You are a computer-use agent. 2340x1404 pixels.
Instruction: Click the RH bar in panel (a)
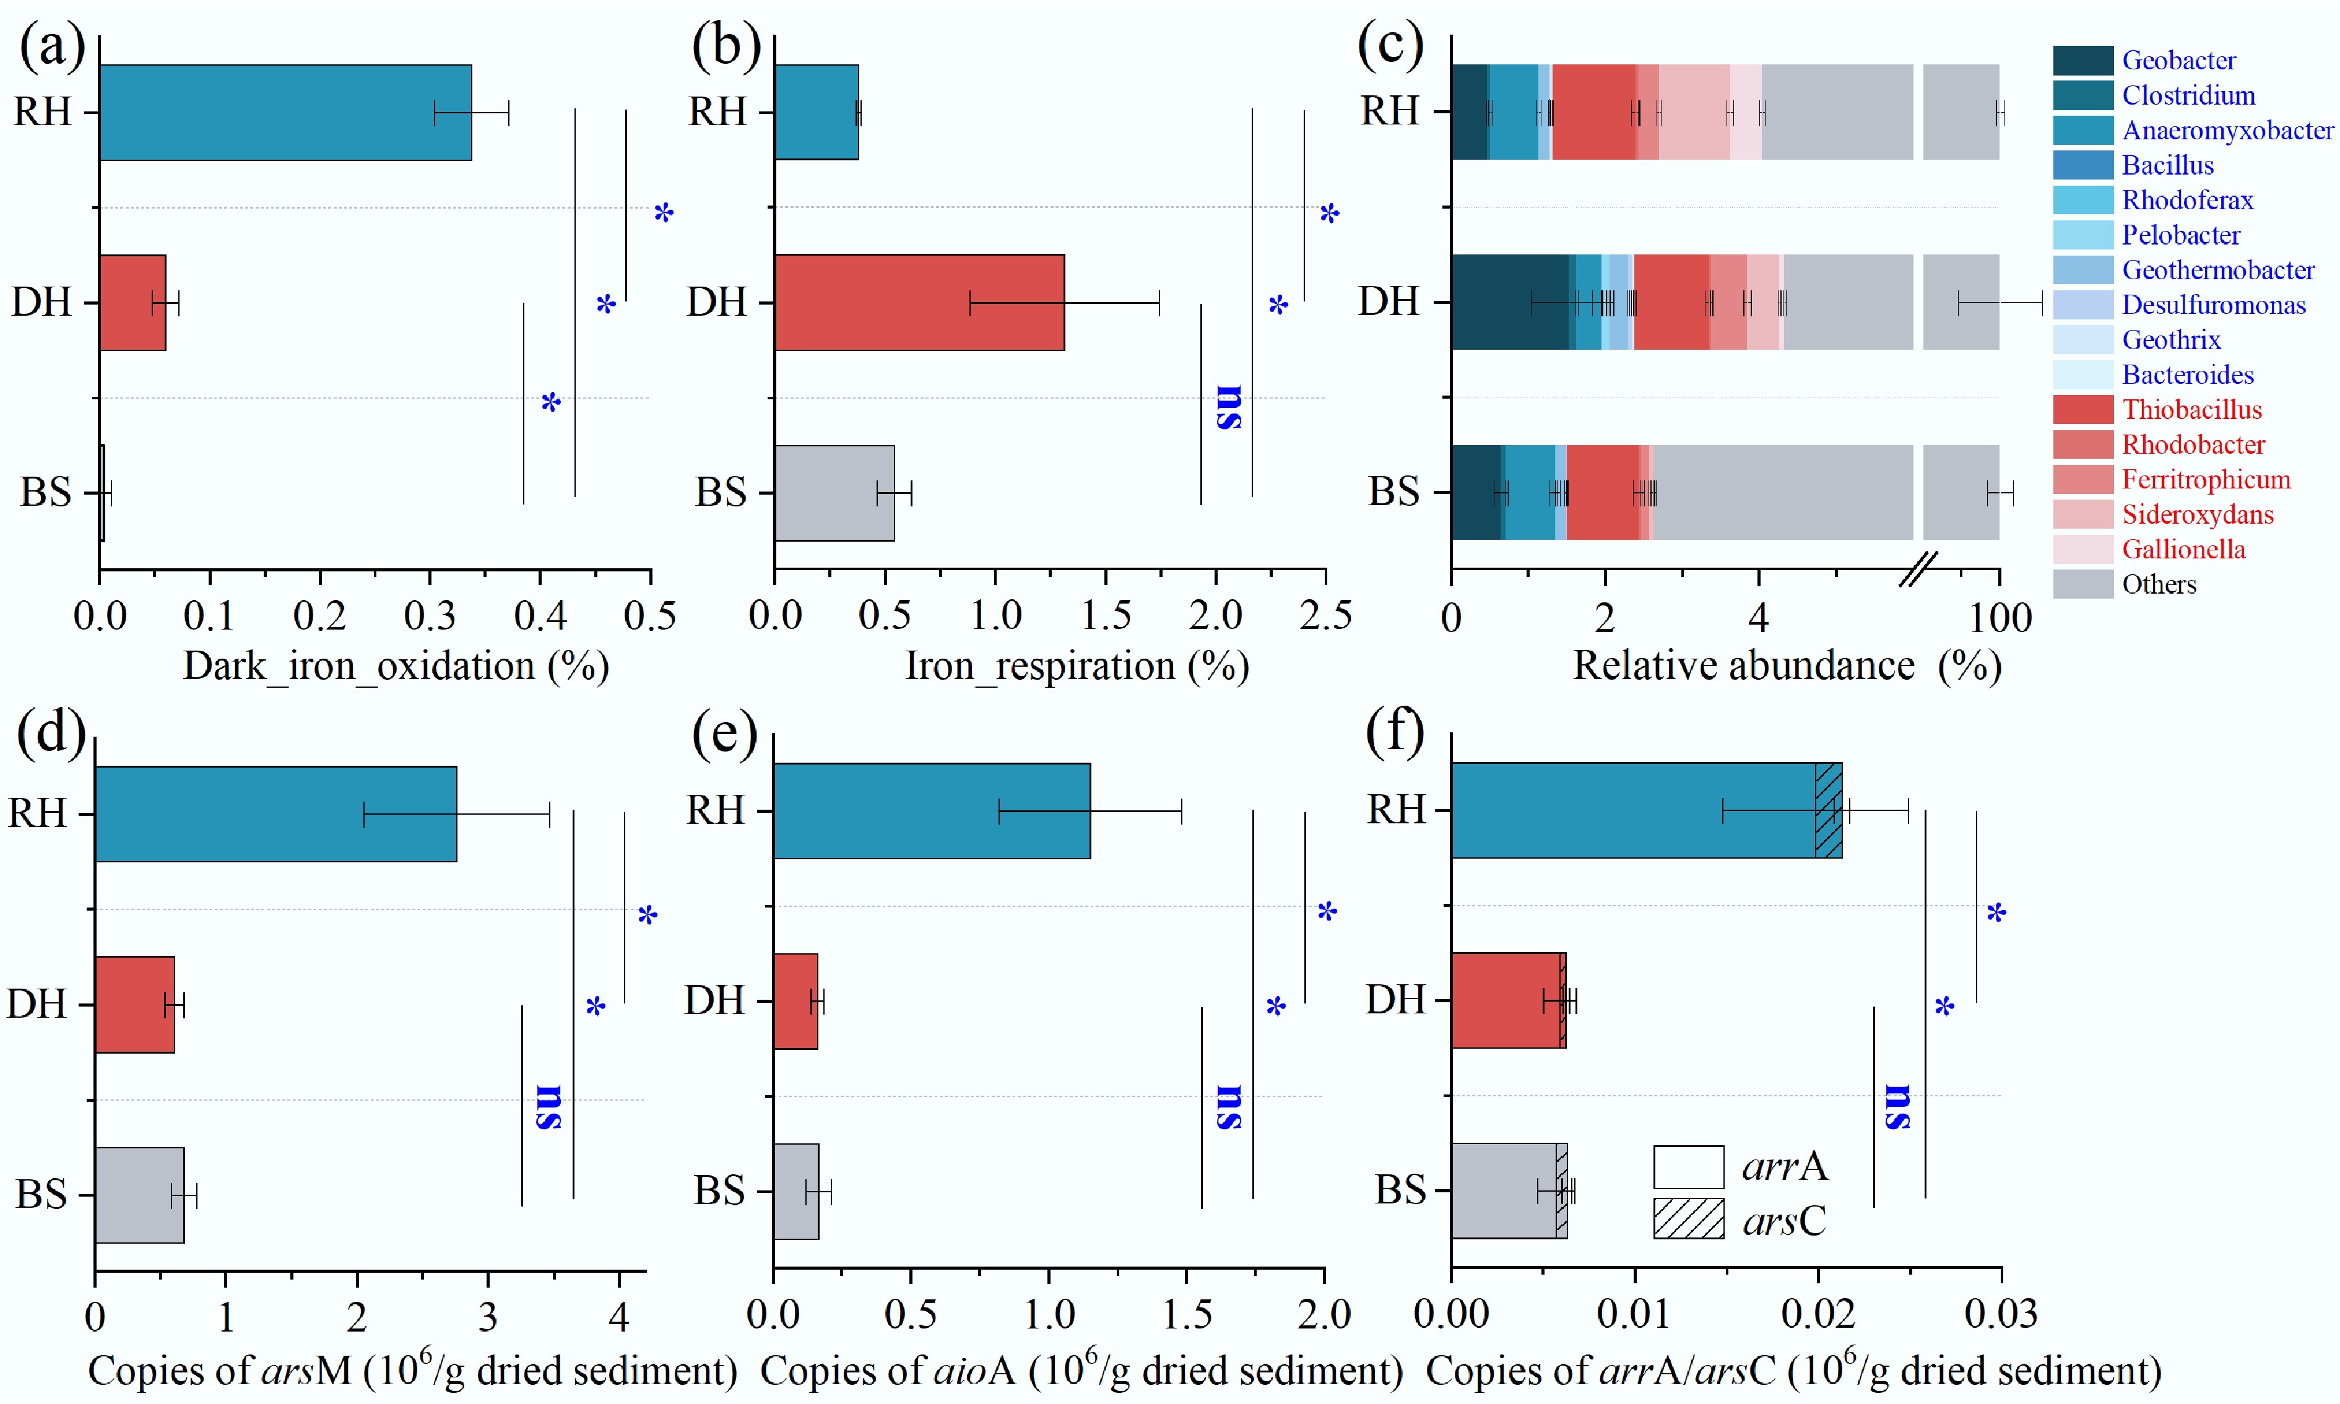(284, 113)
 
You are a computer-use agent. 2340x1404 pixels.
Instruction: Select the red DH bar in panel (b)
(917, 303)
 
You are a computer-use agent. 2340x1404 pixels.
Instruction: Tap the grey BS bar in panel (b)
(833, 493)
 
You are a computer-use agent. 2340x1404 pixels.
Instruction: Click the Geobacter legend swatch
(2082, 61)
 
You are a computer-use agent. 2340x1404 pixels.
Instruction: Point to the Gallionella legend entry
(2183, 550)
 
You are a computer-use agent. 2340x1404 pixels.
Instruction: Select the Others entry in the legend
(2159, 584)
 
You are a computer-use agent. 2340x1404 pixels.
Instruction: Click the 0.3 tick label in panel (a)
(430, 616)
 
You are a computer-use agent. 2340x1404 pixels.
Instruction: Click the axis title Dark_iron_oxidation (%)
(396, 666)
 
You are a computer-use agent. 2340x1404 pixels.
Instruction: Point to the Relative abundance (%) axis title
(1787, 666)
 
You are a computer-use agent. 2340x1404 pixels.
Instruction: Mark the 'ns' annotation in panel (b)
(1229, 407)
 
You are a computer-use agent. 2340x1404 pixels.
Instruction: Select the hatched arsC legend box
(1688, 1218)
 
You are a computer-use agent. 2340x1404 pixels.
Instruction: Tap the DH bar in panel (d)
(134, 1004)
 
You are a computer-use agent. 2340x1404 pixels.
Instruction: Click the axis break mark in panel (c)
(1918, 569)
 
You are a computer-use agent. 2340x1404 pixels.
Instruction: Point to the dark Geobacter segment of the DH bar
(1509, 303)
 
